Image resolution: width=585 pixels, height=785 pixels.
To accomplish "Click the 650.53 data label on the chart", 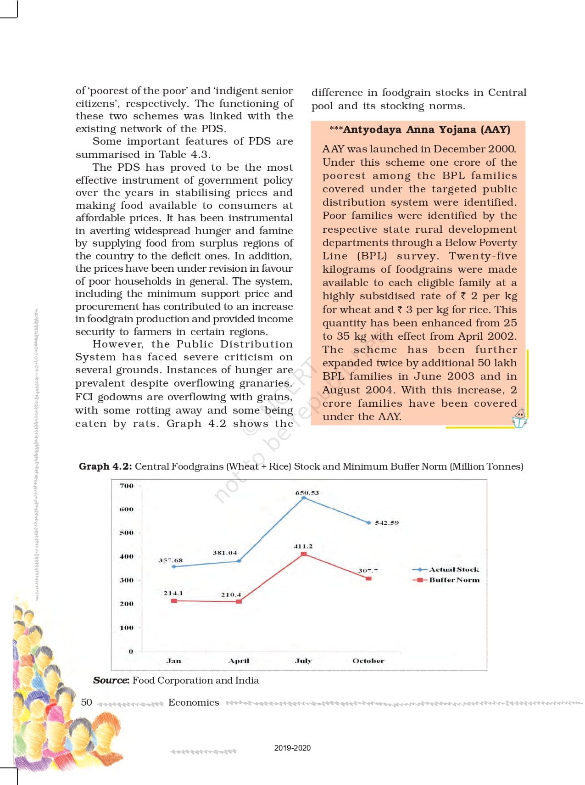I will (x=306, y=493).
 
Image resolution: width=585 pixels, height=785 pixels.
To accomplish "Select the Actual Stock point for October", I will (x=369, y=522).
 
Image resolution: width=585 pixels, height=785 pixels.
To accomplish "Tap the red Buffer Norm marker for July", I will (x=304, y=554).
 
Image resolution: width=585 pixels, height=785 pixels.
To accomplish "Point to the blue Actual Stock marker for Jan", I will (x=173, y=566).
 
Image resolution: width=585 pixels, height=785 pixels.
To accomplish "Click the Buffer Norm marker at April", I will (x=239, y=601).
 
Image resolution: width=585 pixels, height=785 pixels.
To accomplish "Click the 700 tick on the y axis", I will (x=126, y=486).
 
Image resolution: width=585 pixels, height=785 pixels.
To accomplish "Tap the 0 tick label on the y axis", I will (x=131, y=651).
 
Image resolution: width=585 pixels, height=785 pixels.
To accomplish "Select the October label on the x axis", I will (x=368, y=661).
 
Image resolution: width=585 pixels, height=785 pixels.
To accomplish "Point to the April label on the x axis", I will (x=239, y=661).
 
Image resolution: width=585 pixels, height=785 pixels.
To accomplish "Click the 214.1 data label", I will (x=173, y=593).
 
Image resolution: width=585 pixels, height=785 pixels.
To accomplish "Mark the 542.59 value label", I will (x=387, y=522).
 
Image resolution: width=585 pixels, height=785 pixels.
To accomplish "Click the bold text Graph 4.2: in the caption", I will (x=106, y=466).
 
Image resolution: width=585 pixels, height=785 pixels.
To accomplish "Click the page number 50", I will (x=86, y=702).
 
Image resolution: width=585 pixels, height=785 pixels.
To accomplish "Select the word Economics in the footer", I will (x=194, y=702).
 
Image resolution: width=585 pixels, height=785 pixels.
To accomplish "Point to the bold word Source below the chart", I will (x=111, y=680).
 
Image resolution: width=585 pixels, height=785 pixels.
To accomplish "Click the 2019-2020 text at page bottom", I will (x=292, y=748).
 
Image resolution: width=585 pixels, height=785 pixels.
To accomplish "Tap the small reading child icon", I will (x=519, y=418).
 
